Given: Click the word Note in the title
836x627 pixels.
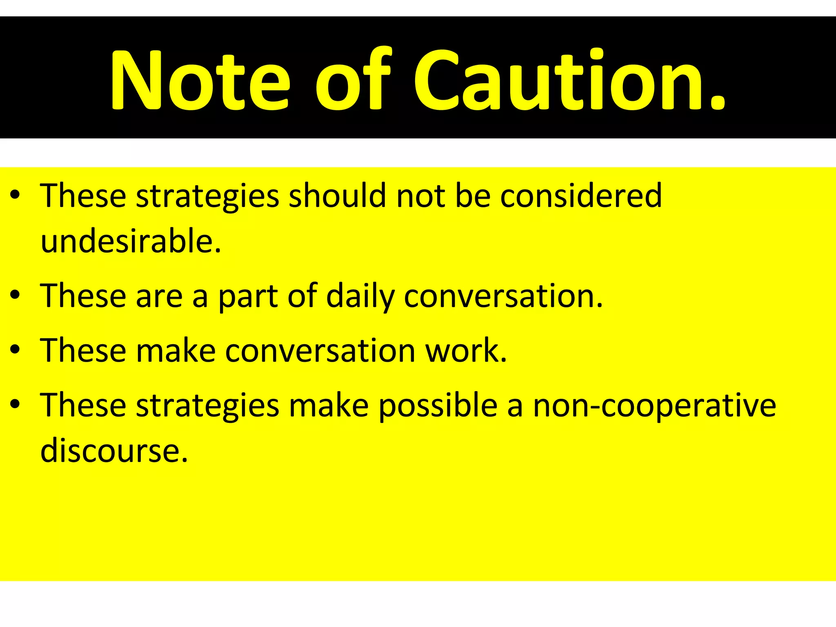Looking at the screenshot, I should pos(200,80).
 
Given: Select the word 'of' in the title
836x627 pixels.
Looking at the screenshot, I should pos(354,80).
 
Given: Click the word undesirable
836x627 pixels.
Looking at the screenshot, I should pos(131,241).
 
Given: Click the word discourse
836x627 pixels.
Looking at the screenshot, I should pos(114,451).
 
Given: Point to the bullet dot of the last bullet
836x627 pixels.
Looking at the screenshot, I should pos(16,404).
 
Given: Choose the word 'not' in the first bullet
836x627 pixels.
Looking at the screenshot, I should pos(421,196).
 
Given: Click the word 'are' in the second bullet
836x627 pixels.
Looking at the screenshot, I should pos(159,296).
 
